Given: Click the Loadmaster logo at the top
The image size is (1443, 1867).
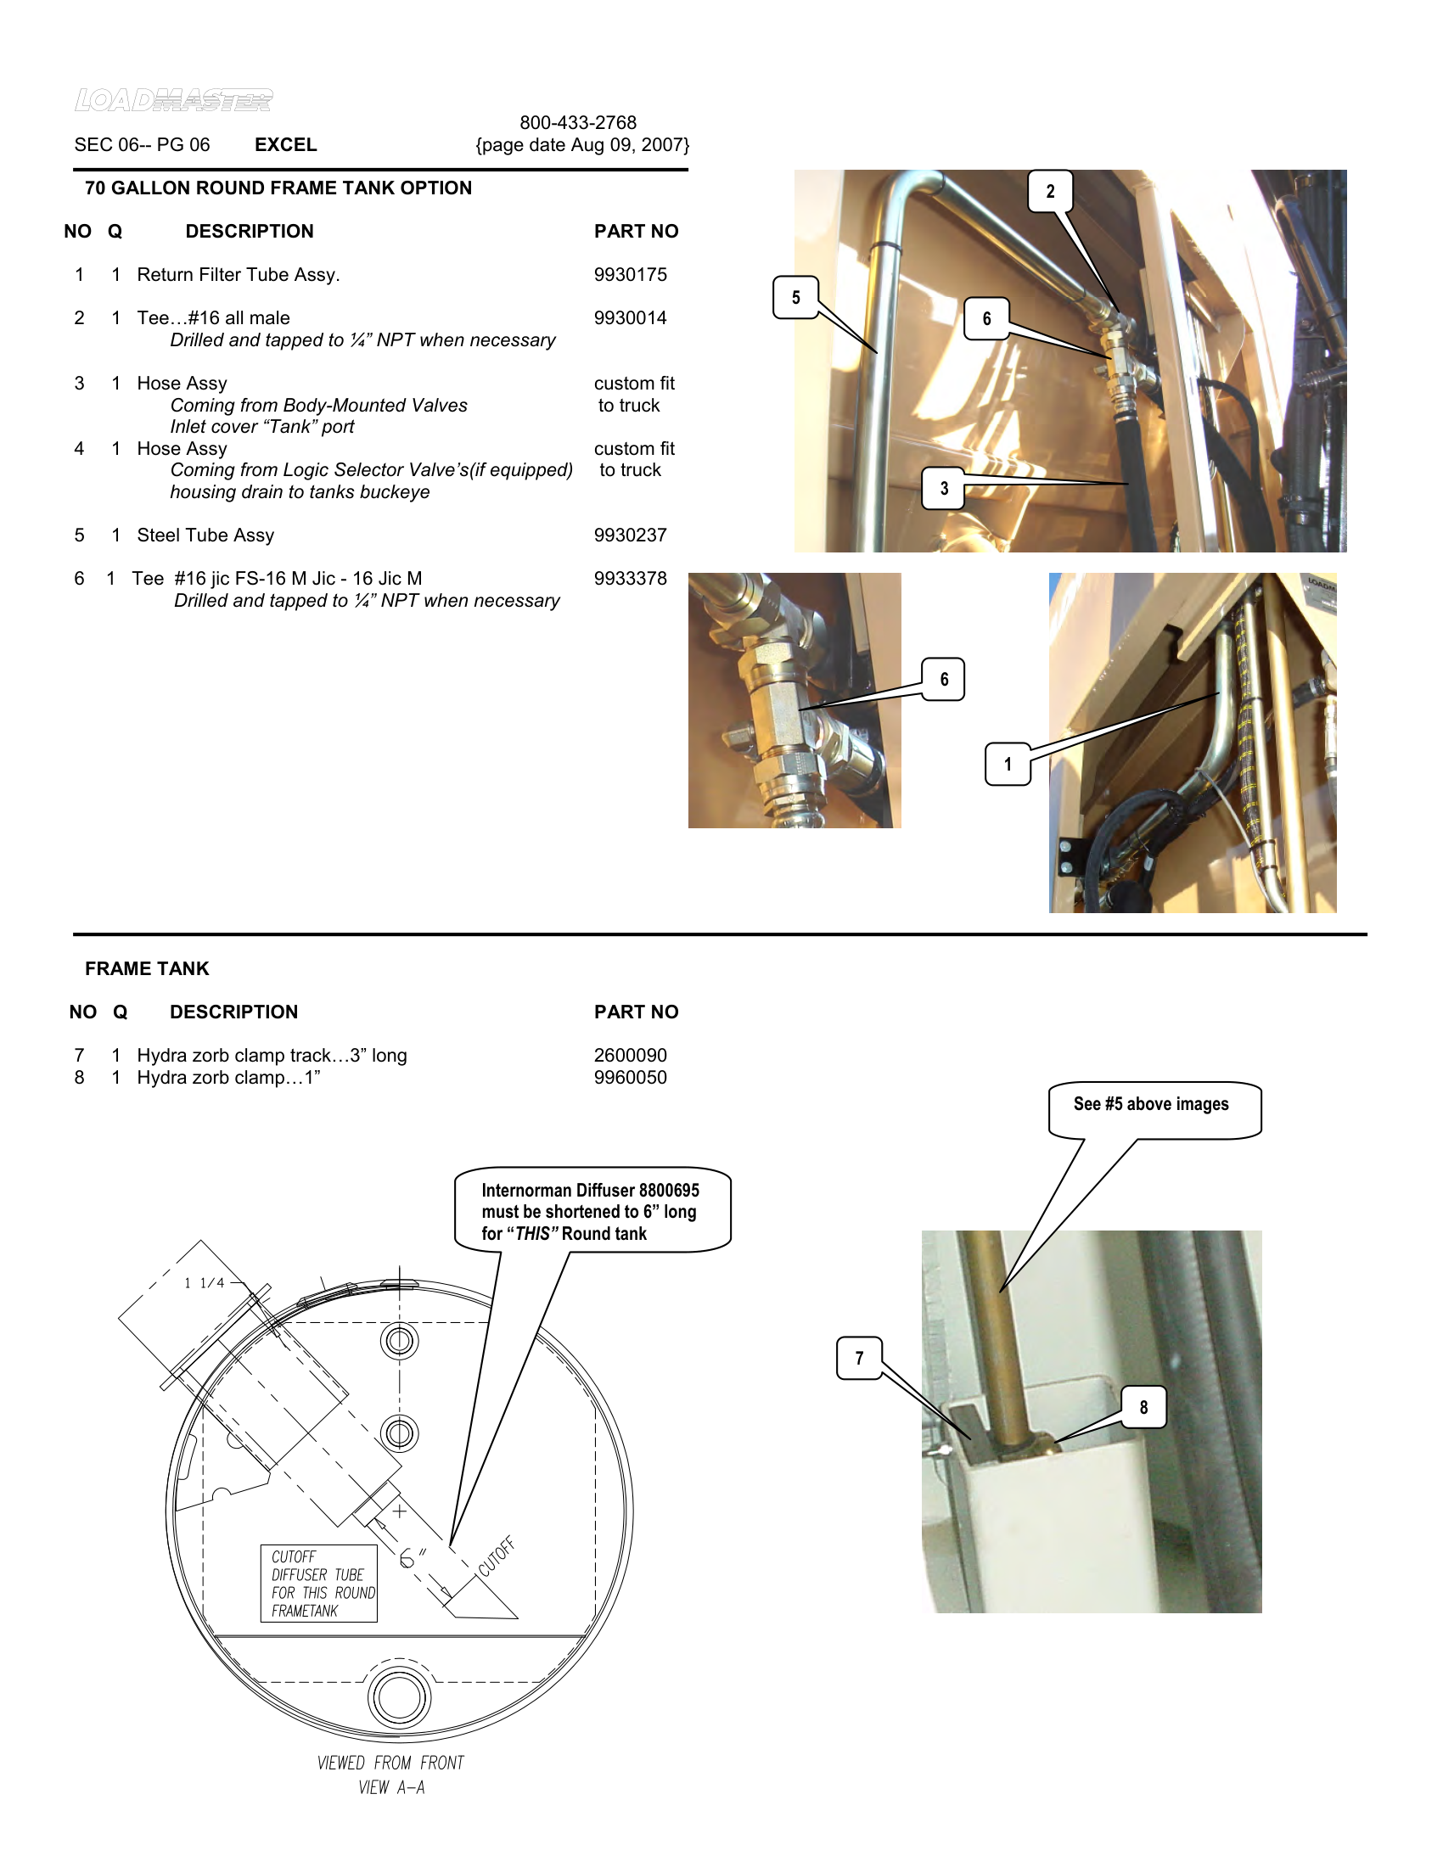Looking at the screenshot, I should (x=173, y=100).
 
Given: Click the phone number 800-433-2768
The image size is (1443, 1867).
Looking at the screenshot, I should (x=578, y=122).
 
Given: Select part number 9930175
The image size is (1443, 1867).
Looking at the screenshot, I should (x=630, y=274).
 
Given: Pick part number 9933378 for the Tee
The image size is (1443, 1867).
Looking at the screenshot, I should (x=630, y=579).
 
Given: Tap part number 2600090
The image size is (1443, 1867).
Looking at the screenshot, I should (x=630, y=1055).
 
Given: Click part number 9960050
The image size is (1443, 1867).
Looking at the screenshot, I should (x=630, y=1077).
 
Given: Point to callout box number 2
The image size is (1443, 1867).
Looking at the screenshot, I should (x=1050, y=192).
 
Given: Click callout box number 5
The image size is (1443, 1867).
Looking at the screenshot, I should (x=795, y=298).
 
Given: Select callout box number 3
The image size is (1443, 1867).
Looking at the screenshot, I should (x=943, y=488).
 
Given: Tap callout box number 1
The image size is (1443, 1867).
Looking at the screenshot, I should (x=1007, y=765).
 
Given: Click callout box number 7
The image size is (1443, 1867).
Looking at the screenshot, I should (x=858, y=1359).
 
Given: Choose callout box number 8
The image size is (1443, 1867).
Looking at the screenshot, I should (x=1143, y=1407).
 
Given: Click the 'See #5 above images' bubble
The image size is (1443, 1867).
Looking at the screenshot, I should (x=1152, y=1104).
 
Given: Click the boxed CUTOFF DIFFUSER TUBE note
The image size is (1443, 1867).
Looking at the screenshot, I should (x=319, y=1584).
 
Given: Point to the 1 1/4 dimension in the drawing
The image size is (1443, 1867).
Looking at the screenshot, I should (x=205, y=1283).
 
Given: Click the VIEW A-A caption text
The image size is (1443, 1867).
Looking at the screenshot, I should (x=390, y=1787).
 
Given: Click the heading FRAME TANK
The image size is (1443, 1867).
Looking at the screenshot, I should (x=147, y=968).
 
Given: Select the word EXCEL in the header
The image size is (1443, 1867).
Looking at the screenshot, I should (x=285, y=144).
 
